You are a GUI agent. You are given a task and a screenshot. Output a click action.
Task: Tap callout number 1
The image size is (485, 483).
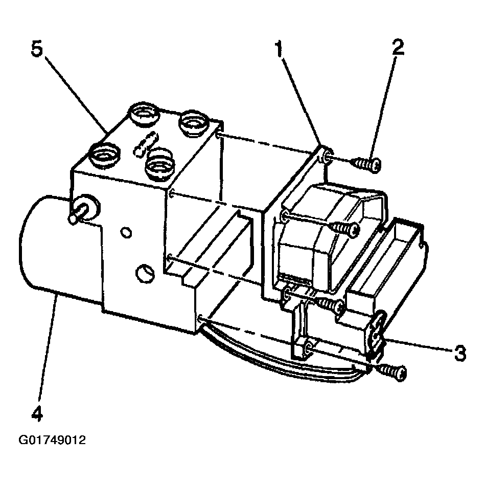279,50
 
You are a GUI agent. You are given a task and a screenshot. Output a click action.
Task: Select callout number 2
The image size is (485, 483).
398,47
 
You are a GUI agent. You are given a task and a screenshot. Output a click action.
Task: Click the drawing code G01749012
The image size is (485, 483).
52,441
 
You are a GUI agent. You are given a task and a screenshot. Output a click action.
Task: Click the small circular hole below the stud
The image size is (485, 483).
125,232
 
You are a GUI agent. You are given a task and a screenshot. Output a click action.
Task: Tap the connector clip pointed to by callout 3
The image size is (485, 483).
377,336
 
